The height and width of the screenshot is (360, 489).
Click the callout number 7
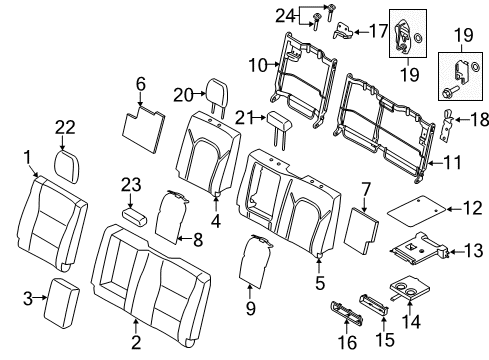coord(365,187)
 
